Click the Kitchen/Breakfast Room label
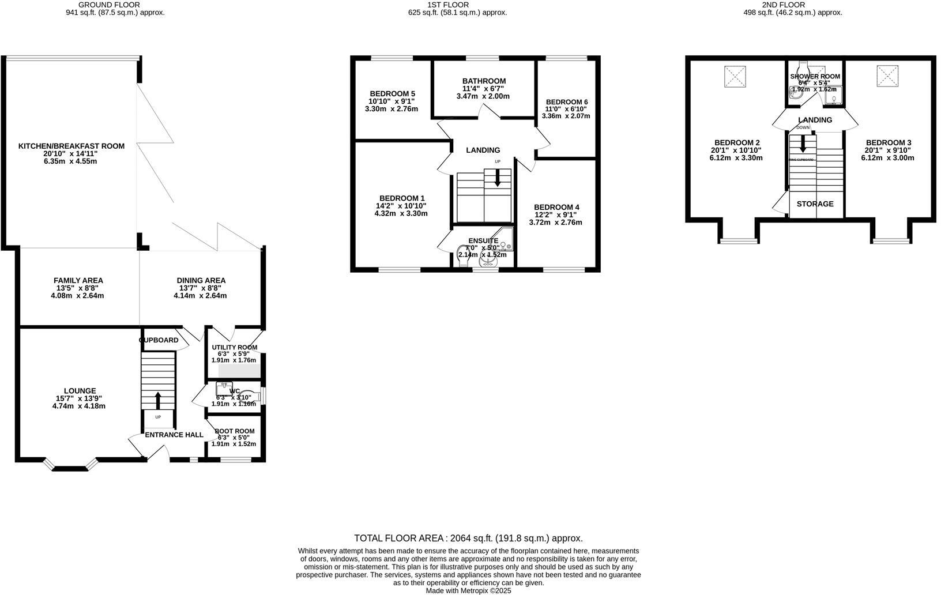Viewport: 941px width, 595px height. pos(71,146)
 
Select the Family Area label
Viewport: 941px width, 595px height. pos(78,281)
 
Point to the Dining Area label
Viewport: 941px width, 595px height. pos(201,281)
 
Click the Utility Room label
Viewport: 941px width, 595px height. pos(234,348)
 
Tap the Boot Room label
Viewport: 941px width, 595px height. pos(234,431)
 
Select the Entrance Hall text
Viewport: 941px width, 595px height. pos(174,435)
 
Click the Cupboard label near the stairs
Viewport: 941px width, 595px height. pos(159,340)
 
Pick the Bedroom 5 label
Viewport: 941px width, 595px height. pos(392,93)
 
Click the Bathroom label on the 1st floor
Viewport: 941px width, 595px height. pos(484,81)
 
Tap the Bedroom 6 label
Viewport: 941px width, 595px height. pos(566,102)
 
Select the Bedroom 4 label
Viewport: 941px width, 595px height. pos(556,208)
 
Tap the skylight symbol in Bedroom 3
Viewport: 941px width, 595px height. pos(886,76)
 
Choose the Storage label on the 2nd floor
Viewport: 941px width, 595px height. pos(815,204)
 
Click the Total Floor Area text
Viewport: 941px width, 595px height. pos(468,538)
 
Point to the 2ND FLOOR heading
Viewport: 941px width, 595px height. pos(793,5)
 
